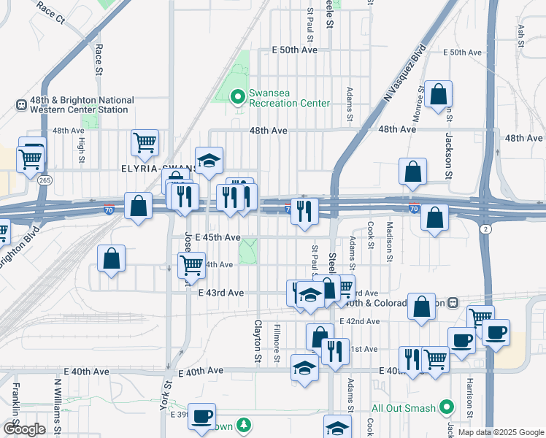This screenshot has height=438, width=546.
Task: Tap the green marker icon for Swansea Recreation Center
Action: coord(237,96)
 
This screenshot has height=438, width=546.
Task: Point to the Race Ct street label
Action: coord(50,12)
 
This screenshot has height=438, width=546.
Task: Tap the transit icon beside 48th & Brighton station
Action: coord(21,104)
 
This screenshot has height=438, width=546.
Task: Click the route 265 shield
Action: coord(45,180)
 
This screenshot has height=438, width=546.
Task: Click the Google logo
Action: coord(24,429)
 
